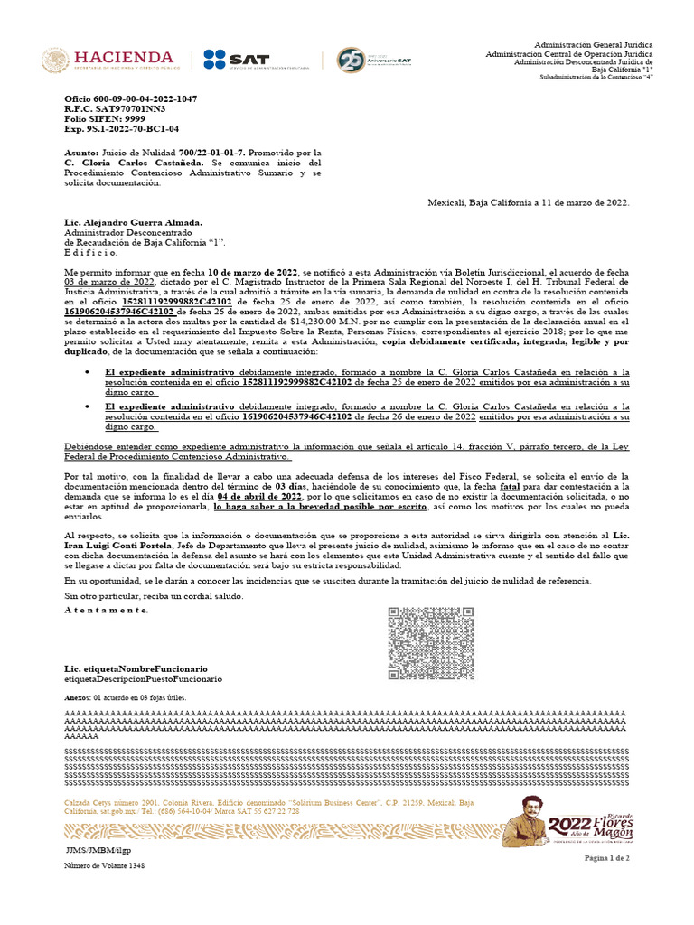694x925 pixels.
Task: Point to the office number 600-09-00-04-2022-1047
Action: click(x=131, y=98)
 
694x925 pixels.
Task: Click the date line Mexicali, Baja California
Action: click(x=528, y=203)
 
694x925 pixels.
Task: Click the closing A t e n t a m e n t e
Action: click(x=106, y=611)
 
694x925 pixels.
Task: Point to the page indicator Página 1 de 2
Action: click(x=607, y=857)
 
